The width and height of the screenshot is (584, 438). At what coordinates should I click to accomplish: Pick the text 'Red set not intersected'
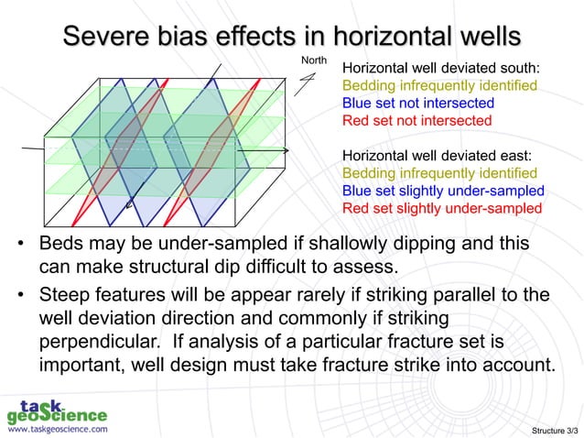(x=416, y=121)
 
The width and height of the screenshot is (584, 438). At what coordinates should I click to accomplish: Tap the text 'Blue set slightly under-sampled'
(x=443, y=191)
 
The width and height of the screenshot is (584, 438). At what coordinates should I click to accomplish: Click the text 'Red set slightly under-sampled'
(x=441, y=208)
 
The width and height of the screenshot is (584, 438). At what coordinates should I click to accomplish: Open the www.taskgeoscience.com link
(x=57, y=428)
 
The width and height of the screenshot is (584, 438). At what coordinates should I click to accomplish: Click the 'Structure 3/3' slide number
(x=553, y=429)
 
